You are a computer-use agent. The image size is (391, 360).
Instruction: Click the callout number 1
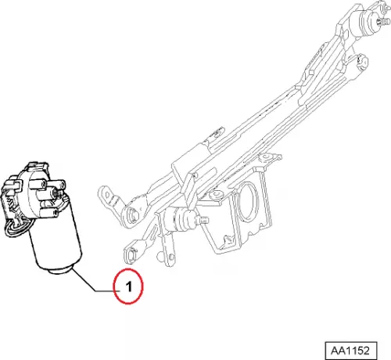[x=129, y=286]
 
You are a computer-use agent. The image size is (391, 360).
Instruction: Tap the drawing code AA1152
[x=350, y=351]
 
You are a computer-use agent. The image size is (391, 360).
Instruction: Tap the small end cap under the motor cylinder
[x=60, y=270]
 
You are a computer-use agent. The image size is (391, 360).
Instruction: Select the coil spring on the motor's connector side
[x=10, y=203]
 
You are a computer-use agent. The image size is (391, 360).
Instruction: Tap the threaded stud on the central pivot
[x=204, y=221]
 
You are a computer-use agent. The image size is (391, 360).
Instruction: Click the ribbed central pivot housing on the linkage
[x=180, y=219]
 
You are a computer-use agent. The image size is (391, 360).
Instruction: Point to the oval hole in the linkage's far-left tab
[x=107, y=194]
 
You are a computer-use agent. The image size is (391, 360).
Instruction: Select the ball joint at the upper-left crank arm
[x=133, y=214]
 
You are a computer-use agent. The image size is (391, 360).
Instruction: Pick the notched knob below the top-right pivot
[x=362, y=62]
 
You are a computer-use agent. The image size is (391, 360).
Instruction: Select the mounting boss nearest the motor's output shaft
[x=56, y=185]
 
